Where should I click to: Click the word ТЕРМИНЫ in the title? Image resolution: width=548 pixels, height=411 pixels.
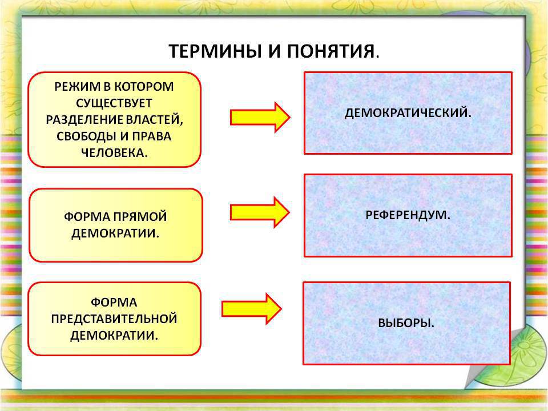pyautogui.click(x=216, y=51)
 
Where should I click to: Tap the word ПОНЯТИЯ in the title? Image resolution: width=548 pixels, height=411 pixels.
pyautogui.click(x=331, y=51)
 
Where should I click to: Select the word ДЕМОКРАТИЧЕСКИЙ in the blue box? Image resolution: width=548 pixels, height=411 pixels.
pyautogui.click(x=406, y=113)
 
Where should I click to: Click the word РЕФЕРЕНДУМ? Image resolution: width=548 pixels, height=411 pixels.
pyautogui.click(x=405, y=215)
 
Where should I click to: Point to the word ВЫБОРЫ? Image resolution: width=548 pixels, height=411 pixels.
pyautogui.click(x=404, y=323)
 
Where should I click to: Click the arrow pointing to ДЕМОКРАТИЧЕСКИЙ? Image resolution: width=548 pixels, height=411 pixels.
pyautogui.click(x=260, y=118)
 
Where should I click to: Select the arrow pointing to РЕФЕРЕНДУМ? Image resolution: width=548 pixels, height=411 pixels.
pyautogui.click(x=260, y=212)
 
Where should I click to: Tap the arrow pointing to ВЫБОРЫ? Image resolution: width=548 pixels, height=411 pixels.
pyautogui.click(x=252, y=309)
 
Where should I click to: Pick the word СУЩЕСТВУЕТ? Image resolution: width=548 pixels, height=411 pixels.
pyautogui.click(x=114, y=103)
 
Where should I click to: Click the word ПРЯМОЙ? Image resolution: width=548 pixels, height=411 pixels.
pyautogui.click(x=140, y=217)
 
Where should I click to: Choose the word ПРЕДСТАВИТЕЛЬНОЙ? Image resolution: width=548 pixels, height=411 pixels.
pyautogui.click(x=114, y=319)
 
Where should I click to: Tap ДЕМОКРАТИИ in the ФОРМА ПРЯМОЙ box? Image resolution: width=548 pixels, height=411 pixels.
pyautogui.click(x=115, y=233)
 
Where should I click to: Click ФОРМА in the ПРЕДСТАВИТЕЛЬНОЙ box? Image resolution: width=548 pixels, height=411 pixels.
pyautogui.click(x=114, y=303)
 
